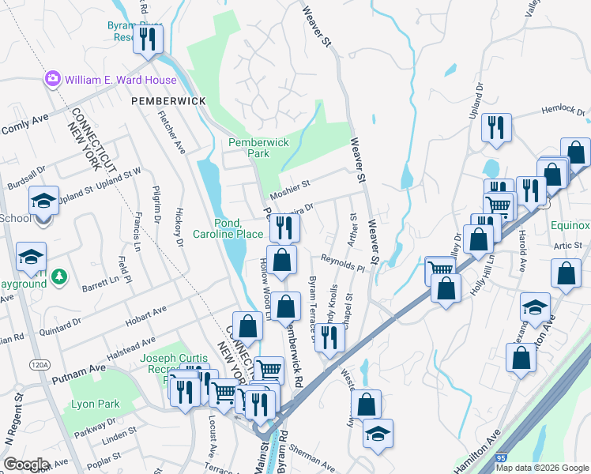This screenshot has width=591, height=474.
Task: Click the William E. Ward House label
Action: tap(121, 80)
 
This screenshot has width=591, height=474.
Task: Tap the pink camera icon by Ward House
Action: tap(53, 79)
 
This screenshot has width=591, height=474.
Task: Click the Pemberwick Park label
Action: tap(258, 147)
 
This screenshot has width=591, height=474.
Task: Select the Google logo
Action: tap(26, 465)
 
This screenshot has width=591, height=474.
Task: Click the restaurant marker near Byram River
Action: tap(147, 39)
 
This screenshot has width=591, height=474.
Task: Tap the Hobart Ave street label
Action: tap(147, 314)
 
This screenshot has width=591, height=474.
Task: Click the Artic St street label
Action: tap(567, 246)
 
